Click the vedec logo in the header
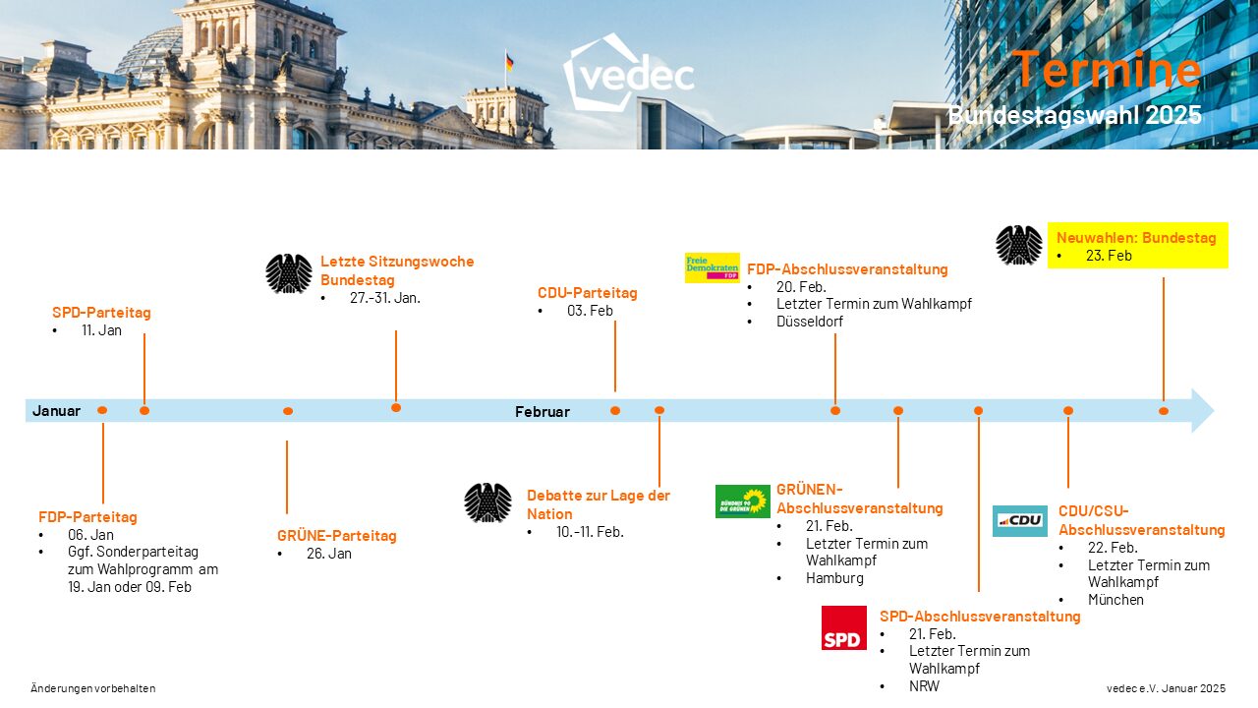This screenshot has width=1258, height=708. [x=628, y=73]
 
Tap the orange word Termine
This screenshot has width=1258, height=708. [x=1107, y=70]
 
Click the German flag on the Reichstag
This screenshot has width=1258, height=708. [x=509, y=62]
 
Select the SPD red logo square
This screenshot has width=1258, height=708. [x=843, y=627]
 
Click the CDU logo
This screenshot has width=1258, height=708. [x=1019, y=520]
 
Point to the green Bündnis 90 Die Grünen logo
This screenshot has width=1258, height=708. [x=742, y=501]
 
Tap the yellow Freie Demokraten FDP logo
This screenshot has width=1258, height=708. [x=712, y=267]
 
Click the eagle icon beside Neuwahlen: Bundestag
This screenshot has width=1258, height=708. [x=1018, y=245]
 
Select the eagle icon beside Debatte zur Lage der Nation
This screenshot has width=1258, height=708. [x=487, y=502]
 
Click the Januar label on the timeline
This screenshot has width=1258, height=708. [x=56, y=411]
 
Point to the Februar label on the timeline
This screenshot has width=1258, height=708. [x=542, y=412]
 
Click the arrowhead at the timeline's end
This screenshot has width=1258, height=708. [x=1202, y=410]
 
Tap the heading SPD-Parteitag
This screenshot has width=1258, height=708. [x=101, y=313]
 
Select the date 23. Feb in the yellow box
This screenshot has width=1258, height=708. [x=1109, y=256]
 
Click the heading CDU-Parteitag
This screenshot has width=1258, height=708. [x=587, y=293]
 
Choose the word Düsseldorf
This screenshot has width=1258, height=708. [x=809, y=322]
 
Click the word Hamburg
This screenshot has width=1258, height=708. [x=834, y=578]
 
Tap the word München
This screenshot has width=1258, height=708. [x=1115, y=600]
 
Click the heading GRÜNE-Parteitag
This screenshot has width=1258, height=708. [x=336, y=536]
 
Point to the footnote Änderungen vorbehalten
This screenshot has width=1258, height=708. [x=93, y=688]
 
